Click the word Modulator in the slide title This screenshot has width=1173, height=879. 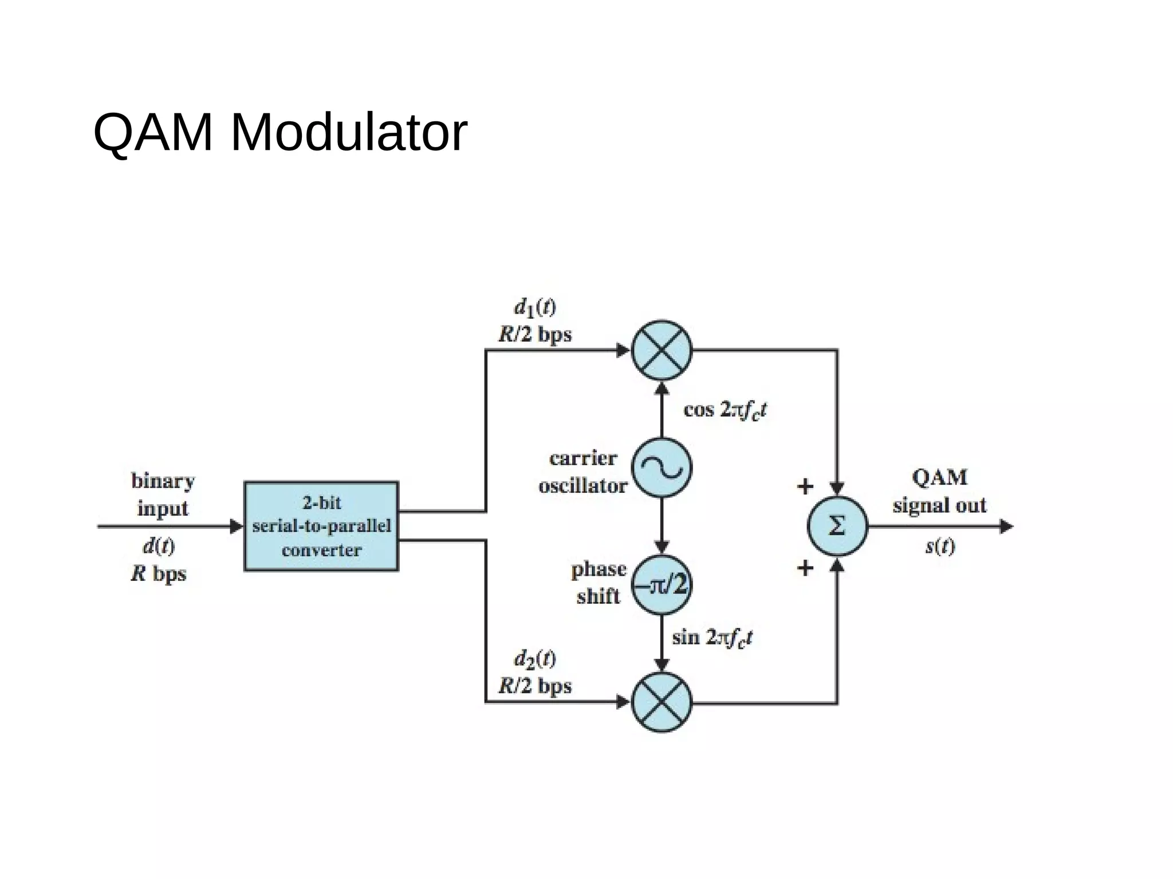348,133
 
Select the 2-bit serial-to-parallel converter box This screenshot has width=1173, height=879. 321,526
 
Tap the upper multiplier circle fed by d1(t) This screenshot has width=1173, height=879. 662,350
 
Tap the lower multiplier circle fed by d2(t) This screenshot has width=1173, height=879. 662,702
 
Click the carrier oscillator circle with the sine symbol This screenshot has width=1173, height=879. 662,468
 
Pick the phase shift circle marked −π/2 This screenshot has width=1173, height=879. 662,585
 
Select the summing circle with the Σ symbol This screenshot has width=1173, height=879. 837,526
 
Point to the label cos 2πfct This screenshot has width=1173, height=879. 725,410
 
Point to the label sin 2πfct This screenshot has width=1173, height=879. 711,638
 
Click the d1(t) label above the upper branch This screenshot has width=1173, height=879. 534,308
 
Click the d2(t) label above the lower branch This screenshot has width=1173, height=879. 534,659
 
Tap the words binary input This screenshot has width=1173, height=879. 163,494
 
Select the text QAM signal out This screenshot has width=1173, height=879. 939,491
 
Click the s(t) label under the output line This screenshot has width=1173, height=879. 940,547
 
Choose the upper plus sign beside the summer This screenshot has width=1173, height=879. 805,486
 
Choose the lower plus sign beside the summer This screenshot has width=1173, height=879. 805,568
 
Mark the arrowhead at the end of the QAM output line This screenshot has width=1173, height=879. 1006,526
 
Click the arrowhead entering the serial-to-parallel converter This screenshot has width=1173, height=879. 237,526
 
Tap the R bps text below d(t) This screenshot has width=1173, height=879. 159,573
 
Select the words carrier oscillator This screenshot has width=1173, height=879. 582,472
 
